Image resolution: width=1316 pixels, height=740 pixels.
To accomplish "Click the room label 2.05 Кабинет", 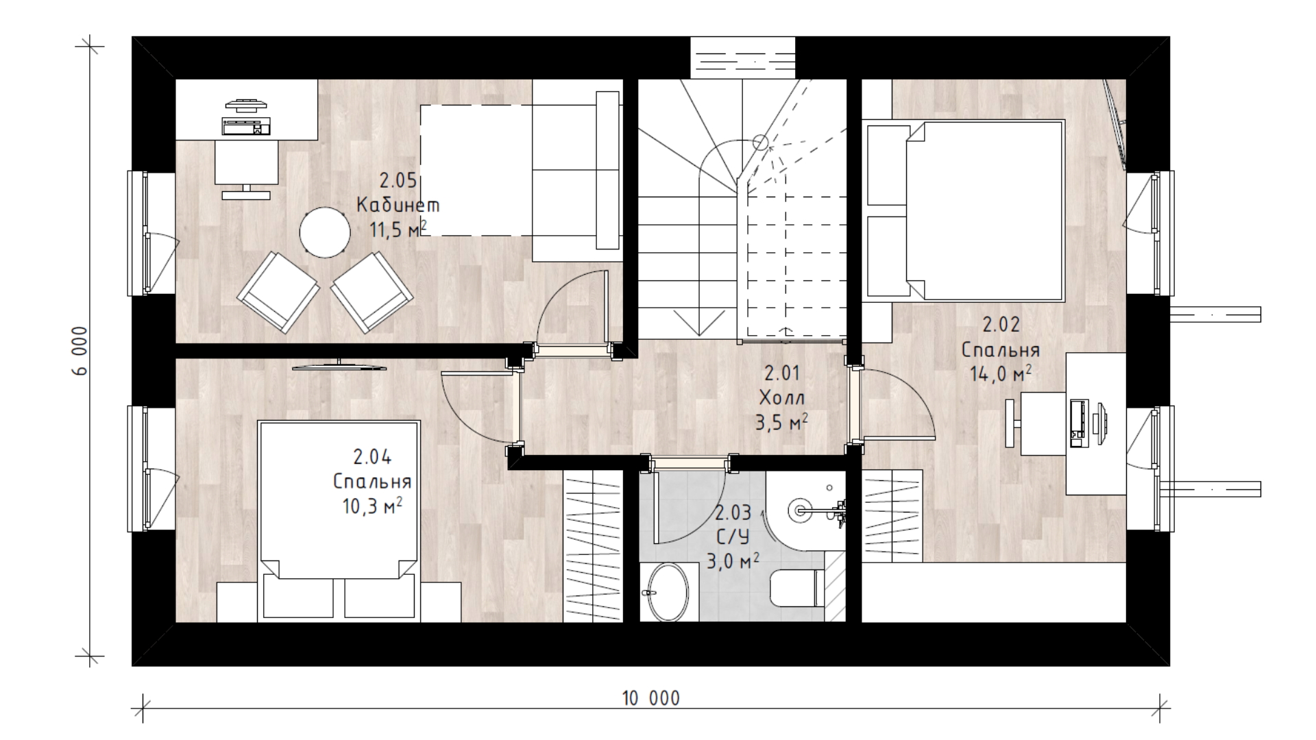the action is [x=398, y=193].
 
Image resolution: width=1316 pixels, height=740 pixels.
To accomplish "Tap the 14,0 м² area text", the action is [x=1001, y=373].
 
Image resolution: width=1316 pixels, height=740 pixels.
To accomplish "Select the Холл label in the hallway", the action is [x=782, y=397].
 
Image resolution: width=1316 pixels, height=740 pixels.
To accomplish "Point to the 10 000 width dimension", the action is [x=651, y=698].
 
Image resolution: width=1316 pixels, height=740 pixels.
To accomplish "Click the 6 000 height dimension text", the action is [x=81, y=351].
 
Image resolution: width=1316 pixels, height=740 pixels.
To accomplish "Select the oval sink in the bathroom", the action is [x=666, y=591].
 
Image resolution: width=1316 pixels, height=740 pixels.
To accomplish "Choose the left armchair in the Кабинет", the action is [x=278, y=293].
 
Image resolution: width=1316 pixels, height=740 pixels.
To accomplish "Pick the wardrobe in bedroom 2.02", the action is [x=892, y=516].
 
